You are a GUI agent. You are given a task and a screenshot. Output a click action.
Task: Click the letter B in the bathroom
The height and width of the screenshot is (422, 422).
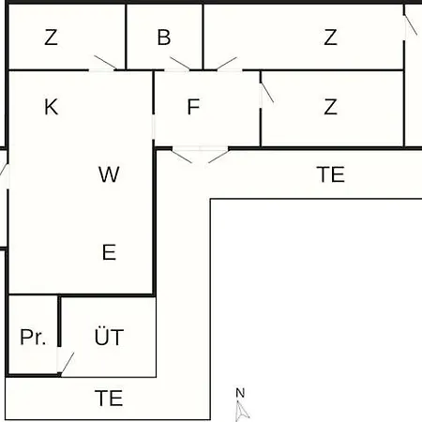(x=164, y=38)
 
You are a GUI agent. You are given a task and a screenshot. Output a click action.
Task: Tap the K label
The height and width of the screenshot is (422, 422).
(x=52, y=107)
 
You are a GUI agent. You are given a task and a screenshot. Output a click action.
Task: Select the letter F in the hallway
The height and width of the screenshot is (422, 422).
(x=193, y=107)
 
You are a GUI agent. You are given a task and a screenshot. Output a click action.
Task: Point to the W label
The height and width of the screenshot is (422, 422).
(x=109, y=174)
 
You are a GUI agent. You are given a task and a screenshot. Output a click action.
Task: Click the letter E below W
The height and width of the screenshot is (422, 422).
(x=109, y=252)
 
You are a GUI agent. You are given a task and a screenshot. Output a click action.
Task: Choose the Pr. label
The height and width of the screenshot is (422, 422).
(x=33, y=337)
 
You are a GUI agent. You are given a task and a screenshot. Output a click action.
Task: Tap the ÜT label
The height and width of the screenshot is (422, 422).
(x=109, y=336)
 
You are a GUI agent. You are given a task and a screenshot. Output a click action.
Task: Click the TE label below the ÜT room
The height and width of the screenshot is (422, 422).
(x=109, y=398)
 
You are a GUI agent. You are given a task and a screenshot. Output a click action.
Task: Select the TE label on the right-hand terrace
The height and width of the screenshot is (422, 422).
(x=331, y=174)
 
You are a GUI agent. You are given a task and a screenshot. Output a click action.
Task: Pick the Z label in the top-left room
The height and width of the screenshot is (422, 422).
(x=51, y=38)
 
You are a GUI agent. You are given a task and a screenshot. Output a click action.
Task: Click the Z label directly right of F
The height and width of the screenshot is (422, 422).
(x=330, y=107)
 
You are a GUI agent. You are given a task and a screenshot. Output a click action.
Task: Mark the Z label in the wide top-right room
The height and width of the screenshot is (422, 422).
(x=330, y=38)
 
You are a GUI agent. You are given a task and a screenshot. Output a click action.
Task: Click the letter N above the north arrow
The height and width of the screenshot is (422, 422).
(x=240, y=393)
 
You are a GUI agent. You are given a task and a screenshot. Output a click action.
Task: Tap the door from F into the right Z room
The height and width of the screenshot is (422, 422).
(x=266, y=93)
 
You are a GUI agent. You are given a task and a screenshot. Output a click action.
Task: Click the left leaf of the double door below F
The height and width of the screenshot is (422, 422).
(x=182, y=156)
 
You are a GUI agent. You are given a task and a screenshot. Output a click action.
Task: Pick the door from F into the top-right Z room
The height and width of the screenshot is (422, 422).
(x=227, y=64)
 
